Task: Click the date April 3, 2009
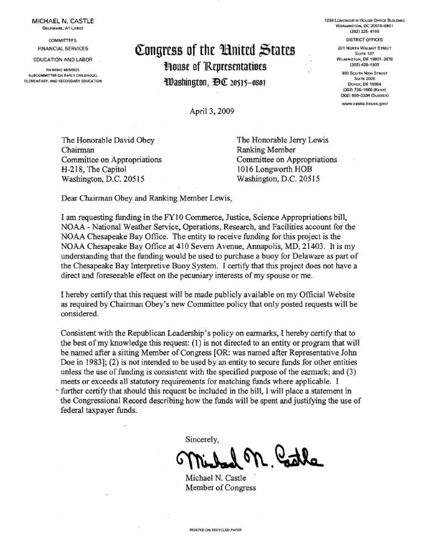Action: [212, 110]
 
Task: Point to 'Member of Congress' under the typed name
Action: [221, 487]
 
